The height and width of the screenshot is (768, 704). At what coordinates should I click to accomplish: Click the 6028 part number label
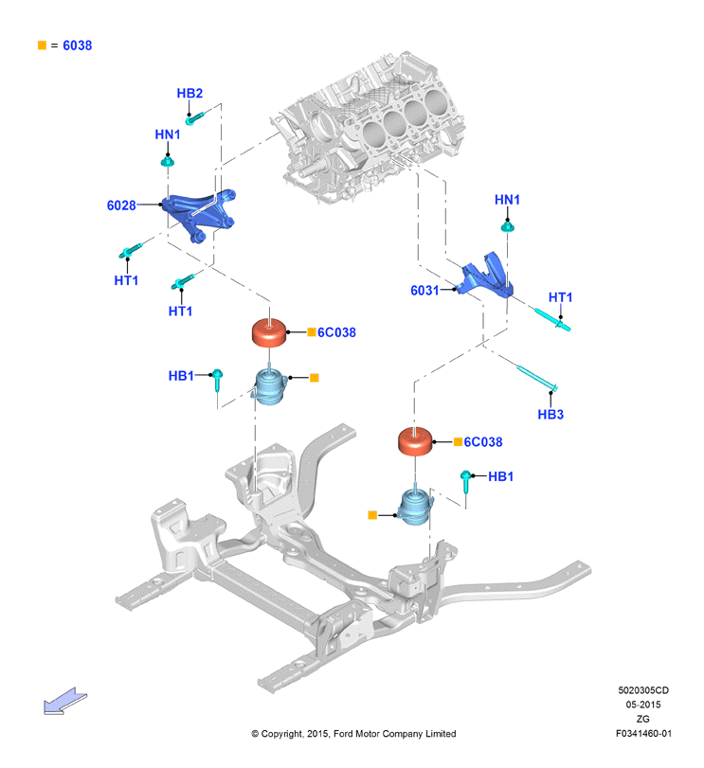pos(121,205)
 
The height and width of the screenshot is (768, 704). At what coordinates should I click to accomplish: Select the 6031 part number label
pos(424,291)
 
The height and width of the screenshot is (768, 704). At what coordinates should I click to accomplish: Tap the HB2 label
pos(190,93)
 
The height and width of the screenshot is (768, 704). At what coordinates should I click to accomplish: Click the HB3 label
pos(551,415)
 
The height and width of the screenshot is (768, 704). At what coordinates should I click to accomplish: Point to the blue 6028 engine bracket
pos(198,215)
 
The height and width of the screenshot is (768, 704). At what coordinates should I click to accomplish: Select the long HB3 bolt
pos(537,379)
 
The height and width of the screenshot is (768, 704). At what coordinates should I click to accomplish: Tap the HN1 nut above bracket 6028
pos(168,161)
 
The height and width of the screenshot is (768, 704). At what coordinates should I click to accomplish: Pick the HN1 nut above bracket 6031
pos(508,226)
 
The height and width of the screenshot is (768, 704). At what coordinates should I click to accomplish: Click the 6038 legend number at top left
pos(78,45)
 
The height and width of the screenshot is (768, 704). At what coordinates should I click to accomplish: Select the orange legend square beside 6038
pos(42,45)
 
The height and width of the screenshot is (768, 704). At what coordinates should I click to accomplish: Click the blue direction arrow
pos(64,701)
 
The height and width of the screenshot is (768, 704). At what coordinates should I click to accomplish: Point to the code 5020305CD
pos(643,690)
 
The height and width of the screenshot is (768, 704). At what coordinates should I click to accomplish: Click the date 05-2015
pos(643,705)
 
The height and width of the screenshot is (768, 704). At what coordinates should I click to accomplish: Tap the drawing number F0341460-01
pos(643,733)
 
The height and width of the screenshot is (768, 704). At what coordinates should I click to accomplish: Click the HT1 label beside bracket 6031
pos(561,297)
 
